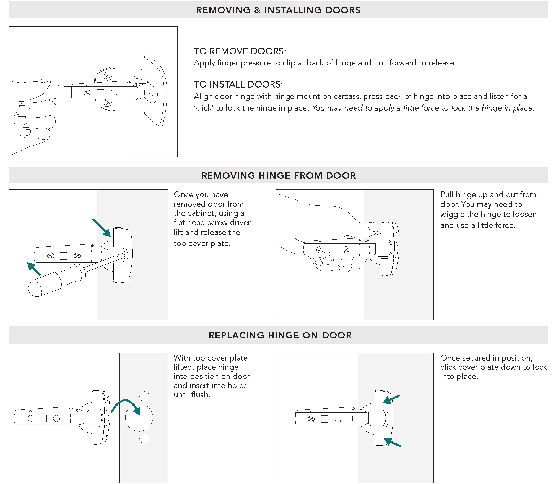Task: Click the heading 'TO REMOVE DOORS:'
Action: pos(240,51)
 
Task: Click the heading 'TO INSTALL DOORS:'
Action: pos(238,85)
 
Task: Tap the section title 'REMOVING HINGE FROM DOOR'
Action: pos(278,176)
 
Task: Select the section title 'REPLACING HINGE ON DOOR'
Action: pos(280,335)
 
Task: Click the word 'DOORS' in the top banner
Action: pos(343,10)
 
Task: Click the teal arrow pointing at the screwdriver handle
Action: pos(34,269)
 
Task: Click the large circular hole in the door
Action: pos(139,417)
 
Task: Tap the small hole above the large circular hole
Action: pos(144,396)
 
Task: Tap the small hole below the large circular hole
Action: pos(144,438)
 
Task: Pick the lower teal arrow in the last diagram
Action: pos(392,442)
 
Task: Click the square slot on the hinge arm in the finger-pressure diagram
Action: pos(100,93)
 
